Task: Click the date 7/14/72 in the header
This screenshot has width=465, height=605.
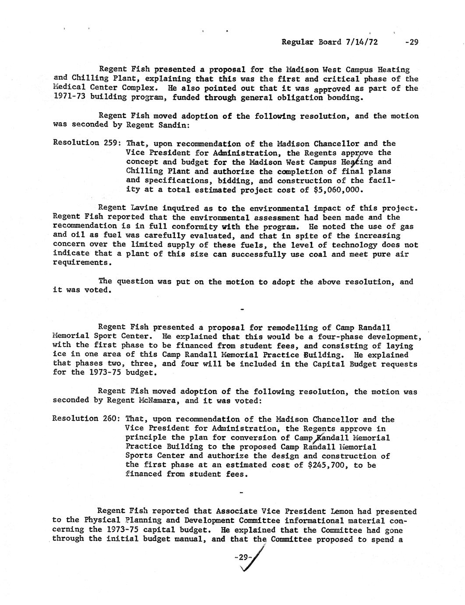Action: click(x=362, y=42)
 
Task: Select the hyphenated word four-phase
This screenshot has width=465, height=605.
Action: click(x=373, y=337)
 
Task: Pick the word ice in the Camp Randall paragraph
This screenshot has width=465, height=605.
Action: click(x=60, y=355)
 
